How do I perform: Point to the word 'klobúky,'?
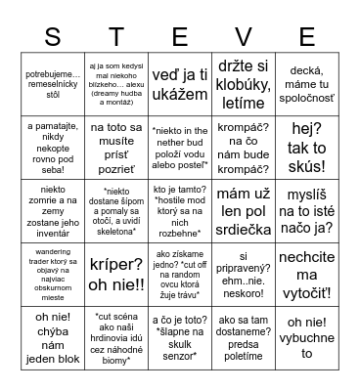(x=244, y=84)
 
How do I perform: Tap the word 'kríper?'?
(x=115, y=261)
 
